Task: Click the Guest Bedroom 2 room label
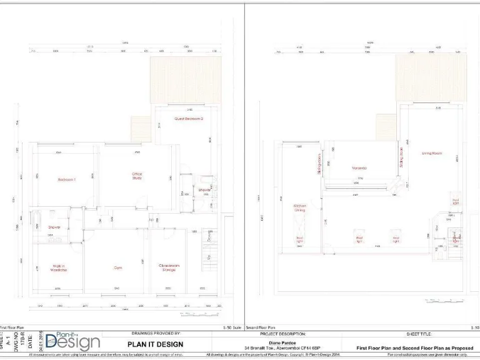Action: [x=188, y=118]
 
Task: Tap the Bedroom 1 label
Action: [x=67, y=180]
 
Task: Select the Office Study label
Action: [x=137, y=176]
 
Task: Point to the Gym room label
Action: [x=117, y=267]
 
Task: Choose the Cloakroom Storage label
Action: [x=168, y=267]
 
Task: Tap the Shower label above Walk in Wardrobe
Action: [x=54, y=227]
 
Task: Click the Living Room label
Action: [x=432, y=153]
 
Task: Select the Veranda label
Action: [x=359, y=168]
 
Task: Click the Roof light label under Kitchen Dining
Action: [x=299, y=239]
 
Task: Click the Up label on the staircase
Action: [x=209, y=257]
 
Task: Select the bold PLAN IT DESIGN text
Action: [x=156, y=344]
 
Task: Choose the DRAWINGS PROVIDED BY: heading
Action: [x=156, y=334]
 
